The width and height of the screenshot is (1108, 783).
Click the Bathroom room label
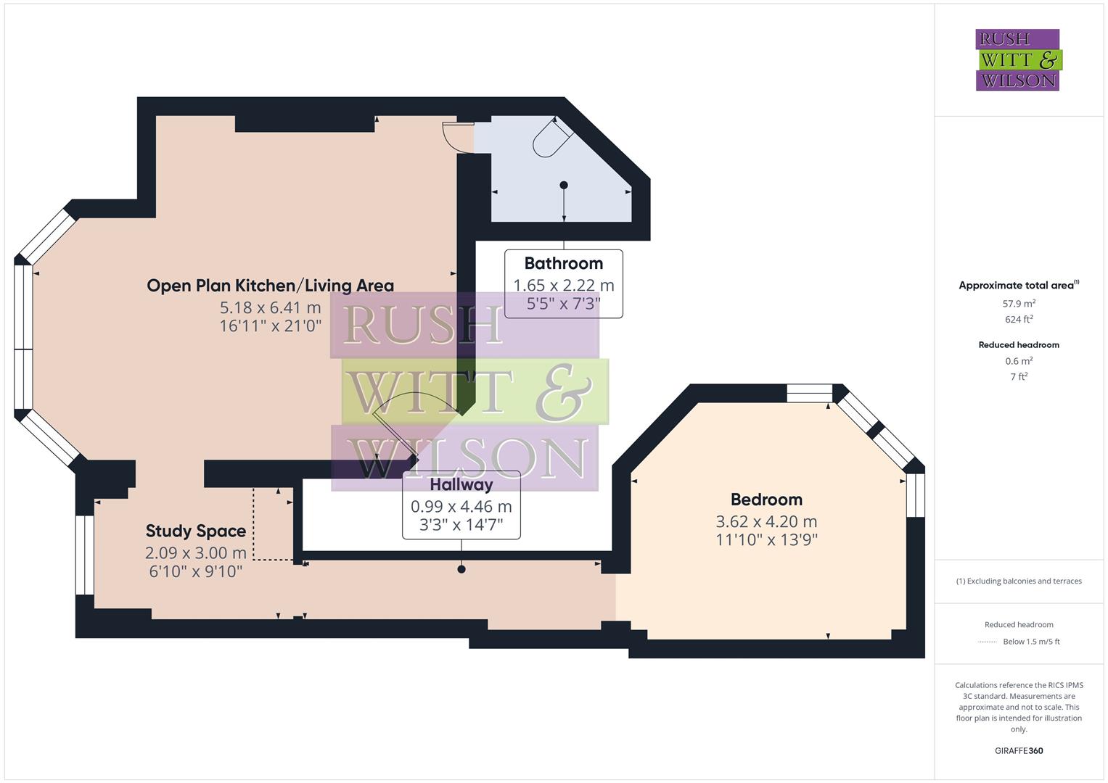[x=563, y=263]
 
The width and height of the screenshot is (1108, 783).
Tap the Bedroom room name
[x=766, y=500]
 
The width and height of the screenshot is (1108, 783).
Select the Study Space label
[x=195, y=531]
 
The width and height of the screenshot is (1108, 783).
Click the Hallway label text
[x=461, y=484]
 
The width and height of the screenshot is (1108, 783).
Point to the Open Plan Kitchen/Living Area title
[x=270, y=286]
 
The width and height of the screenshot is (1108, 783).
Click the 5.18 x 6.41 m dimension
[x=270, y=307]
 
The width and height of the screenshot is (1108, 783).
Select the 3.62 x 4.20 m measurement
[x=766, y=521]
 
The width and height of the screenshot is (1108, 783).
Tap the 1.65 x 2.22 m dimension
[x=563, y=285]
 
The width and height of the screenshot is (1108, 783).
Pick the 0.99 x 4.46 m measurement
[x=461, y=506]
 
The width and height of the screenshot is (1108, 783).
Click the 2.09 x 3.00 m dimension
[x=195, y=552]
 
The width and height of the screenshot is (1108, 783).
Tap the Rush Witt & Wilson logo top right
[x=1018, y=59]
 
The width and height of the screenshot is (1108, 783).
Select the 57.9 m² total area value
[x=1018, y=304]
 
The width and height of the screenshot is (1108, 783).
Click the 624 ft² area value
[x=1018, y=319]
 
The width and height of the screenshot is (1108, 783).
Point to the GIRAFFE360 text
[x=1018, y=750]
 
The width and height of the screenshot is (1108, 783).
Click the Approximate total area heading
[x=1018, y=285]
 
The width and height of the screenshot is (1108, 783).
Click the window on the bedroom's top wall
[x=809, y=393]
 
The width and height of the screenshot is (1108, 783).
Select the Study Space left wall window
[x=84, y=555]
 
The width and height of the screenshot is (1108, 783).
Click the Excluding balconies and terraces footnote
[x=1018, y=581]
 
